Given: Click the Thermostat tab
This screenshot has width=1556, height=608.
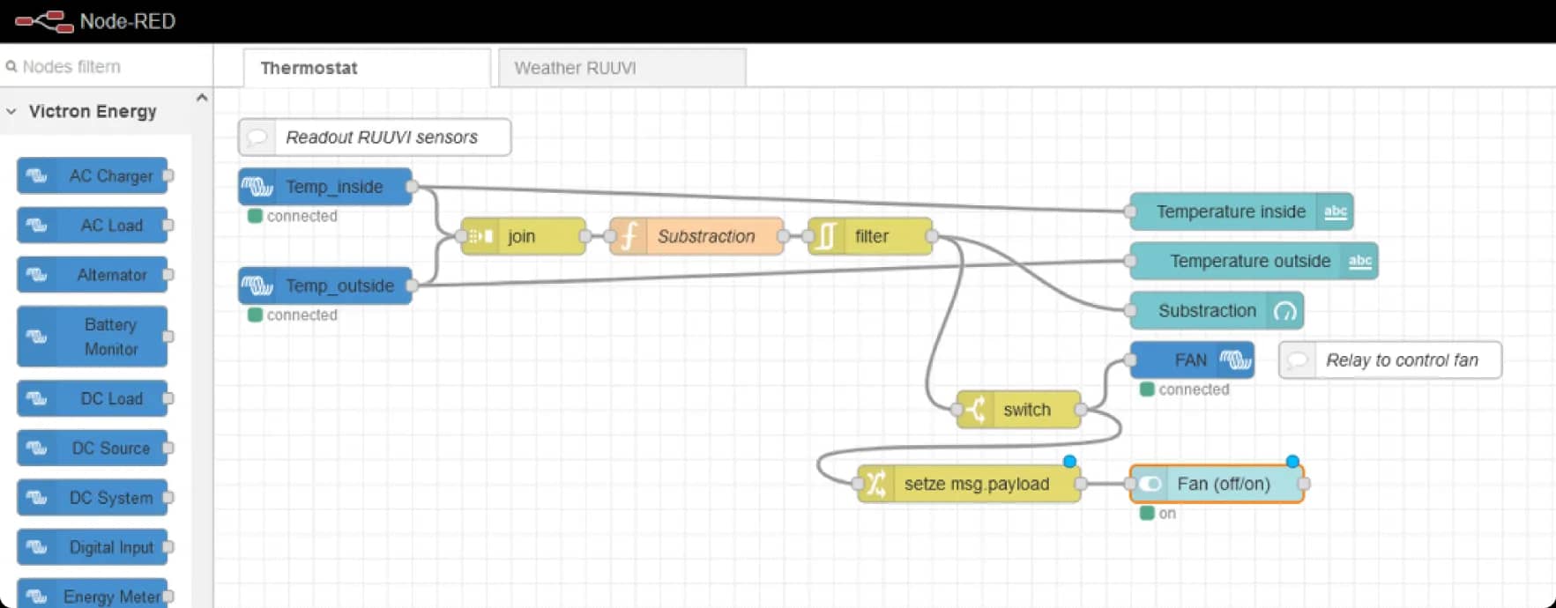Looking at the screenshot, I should tap(309, 68).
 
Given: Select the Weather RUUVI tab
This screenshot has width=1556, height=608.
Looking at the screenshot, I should tap(575, 68).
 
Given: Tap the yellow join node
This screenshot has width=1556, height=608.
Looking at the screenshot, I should tap(523, 236).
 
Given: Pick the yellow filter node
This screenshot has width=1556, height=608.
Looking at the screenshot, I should tap(871, 236).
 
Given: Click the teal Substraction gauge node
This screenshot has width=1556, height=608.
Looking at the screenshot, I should tap(1206, 310).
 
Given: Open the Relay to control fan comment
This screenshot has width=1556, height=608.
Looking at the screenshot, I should tap(1401, 360).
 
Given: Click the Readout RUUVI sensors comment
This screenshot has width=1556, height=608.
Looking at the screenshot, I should tap(381, 137).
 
